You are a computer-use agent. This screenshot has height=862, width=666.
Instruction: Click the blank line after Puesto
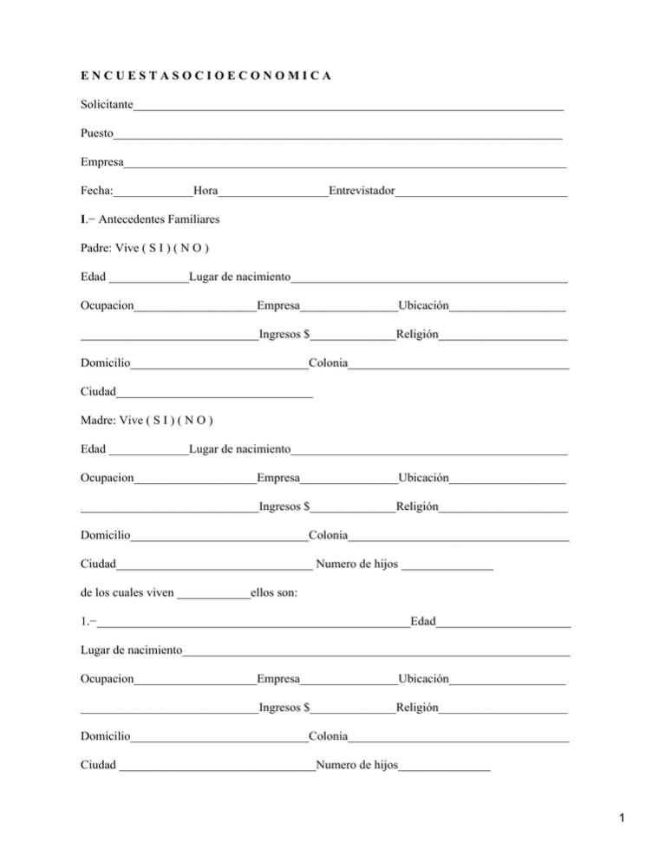338,135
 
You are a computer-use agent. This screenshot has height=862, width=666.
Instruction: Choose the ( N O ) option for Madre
196,421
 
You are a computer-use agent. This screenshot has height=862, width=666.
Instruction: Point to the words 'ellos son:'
275,594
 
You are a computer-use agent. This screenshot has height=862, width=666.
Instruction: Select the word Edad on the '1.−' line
423,622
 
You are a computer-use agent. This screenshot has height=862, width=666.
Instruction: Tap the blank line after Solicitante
347,108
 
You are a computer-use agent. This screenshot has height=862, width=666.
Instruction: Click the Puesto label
96,134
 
